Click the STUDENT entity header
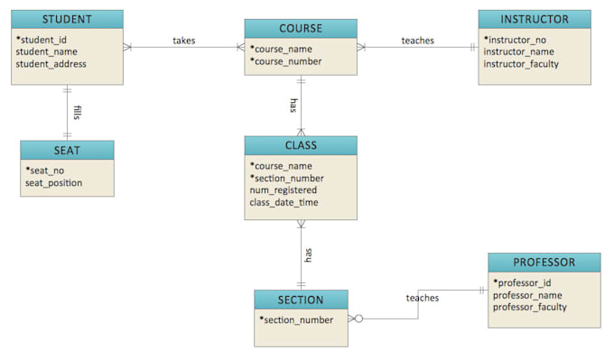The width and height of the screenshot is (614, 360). click(x=68, y=19)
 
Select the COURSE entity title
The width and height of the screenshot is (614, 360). click(x=301, y=28)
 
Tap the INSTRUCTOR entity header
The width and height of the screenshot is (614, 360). click(x=535, y=19)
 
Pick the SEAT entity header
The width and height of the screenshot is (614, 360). click(x=68, y=149)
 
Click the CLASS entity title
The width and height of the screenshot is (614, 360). click(x=301, y=145)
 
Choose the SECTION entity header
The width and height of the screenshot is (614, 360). click(x=301, y=299)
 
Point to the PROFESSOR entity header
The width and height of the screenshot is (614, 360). click(x=544, y=263)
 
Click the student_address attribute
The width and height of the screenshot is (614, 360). click(x=51, y=64)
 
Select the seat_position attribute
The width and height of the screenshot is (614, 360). click(x=53, y=183)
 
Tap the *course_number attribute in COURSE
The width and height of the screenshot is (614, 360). click(x=286, y=61)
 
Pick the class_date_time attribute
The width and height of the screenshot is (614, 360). click(x=284, y=202)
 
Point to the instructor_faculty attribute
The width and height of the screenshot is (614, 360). click(x=521, y=64)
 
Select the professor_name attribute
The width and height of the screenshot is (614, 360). click(x=527, y=295)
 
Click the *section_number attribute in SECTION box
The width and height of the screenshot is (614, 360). click(x=296, y=319)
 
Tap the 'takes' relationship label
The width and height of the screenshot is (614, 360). click(x=184, y=41)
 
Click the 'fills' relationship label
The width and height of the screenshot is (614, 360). click(x=78, y=113)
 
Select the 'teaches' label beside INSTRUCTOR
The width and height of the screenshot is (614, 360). click(x=417, y=41)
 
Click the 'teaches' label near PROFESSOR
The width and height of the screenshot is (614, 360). click(x=423, y=298)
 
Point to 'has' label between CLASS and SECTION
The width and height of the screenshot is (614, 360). click(x=308, y=255)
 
